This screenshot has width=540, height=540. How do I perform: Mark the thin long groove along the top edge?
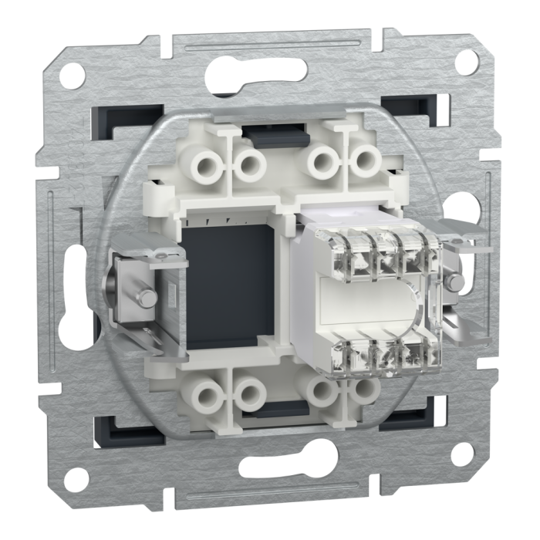[270, 42]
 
